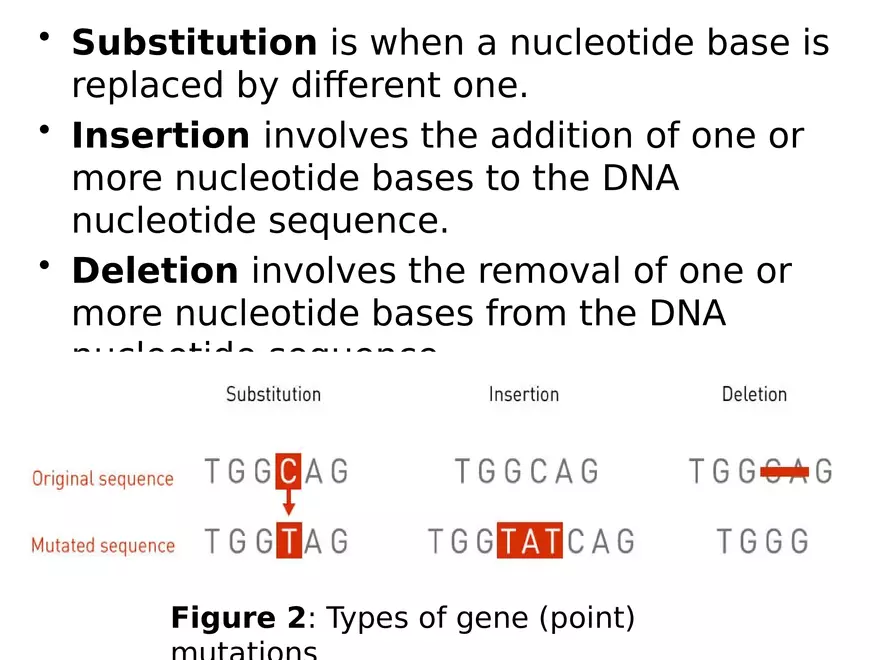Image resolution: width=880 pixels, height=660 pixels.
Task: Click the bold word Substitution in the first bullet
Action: [194, 43]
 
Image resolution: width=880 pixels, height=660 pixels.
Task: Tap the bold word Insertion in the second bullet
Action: [160, 135]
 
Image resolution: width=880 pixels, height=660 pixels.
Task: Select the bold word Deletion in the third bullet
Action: [155, 271]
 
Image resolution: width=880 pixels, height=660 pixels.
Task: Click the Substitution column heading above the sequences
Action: [273, 394]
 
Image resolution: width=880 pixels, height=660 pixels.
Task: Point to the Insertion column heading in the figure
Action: [523, 394]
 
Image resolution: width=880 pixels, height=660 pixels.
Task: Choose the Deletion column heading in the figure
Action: [754, 394]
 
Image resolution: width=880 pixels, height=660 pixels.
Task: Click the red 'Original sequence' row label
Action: [102, 479]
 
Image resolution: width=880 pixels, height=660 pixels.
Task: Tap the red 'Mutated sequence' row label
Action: [102, 546]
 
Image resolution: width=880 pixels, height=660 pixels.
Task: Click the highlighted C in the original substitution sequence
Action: [288, 470]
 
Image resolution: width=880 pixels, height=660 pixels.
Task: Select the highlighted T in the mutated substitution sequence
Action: [288, 541]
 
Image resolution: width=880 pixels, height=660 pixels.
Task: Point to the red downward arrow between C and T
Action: [288, 504]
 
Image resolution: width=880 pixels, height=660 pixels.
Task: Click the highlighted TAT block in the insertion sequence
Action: [531, 541]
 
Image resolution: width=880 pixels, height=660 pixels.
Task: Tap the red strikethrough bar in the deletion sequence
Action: [784, 471]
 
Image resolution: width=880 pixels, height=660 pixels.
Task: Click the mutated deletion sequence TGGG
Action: [762, 541]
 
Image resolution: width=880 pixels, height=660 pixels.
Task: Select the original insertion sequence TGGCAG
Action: [526, 470]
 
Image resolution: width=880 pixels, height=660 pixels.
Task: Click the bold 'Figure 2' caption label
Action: [237, 618]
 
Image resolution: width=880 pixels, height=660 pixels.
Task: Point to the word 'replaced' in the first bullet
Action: [145, 87]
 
